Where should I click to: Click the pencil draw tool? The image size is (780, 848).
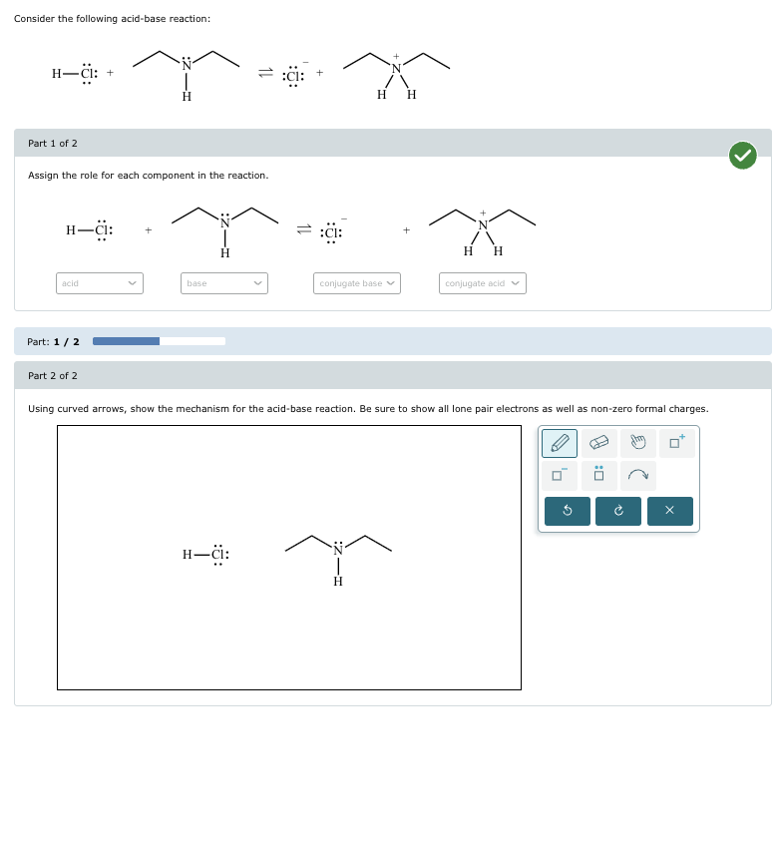[561, 443]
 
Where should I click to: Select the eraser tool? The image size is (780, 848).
[598, 443]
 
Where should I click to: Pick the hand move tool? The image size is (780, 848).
[637, 443]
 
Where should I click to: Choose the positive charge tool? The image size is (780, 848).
[678, 443]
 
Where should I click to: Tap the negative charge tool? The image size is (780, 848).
[561, 475]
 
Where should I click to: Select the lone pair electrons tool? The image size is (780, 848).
[598, 475]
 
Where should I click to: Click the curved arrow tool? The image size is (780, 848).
[637, 475]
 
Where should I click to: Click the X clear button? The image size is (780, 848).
[669, 512]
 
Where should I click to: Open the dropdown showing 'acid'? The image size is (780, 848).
[100, 283]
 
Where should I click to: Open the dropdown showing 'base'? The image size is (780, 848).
[224, 283]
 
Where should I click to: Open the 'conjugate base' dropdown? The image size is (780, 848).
[357, 283]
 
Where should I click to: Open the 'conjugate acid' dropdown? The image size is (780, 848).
[482, 283]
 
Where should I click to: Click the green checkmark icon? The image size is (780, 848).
[742, 155]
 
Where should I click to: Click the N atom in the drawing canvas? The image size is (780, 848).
[338, 550]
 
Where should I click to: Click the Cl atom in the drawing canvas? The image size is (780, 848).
[219, 555]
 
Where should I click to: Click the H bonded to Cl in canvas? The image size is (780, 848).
[188, 555]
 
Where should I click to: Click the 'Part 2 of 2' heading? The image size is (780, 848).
[53, 376]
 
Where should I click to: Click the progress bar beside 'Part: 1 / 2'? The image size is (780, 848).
[159, 341]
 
